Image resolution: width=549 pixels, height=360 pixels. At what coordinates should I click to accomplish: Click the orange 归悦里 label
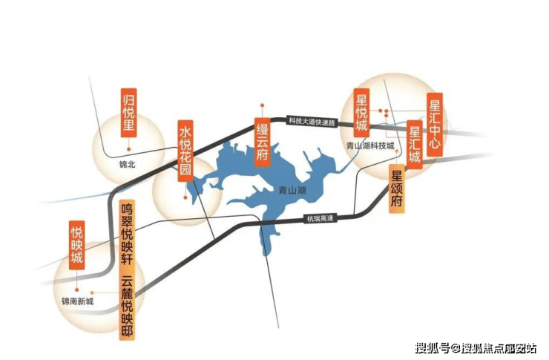(x=128, y=113)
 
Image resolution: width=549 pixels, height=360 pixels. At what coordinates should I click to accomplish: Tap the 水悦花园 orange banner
(x=185, y=151)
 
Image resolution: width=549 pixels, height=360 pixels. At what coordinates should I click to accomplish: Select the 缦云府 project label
(x=262, y=143)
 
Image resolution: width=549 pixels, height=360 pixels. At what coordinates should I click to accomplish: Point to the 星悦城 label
(x=361, y=113)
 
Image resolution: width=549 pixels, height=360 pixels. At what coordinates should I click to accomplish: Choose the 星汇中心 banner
(x=435, y=125)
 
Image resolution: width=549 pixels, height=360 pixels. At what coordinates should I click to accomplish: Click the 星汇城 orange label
(x=415, y=145)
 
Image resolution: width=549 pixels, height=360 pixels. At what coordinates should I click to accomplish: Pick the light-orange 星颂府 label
(x=397, y=189)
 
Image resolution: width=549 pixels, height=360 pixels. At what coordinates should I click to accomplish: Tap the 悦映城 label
(x=76, y=245)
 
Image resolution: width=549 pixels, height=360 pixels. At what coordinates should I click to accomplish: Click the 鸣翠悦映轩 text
(x=127, y=235)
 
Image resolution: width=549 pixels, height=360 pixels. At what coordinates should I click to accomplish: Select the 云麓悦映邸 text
(x=127, y=307)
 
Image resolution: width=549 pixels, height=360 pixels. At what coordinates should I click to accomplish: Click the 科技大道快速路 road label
(x=312, y=121)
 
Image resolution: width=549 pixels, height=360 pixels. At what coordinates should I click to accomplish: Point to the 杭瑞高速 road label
(x=320, y=219)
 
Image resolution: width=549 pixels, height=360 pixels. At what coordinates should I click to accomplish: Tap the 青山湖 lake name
(x=292, y=191)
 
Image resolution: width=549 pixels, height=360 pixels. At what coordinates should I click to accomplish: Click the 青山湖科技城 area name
(x=370, y=145)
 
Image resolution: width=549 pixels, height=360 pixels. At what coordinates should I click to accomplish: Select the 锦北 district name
(x=127, y=164)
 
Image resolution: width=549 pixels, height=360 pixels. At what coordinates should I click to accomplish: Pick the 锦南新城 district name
(x=78, y=301)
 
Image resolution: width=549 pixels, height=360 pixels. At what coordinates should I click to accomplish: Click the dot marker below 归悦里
(x=129, y=149)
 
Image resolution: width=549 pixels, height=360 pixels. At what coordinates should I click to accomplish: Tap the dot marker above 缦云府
(x=262, y=105)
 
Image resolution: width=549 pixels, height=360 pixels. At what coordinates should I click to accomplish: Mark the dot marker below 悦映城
(x=76, y=290)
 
